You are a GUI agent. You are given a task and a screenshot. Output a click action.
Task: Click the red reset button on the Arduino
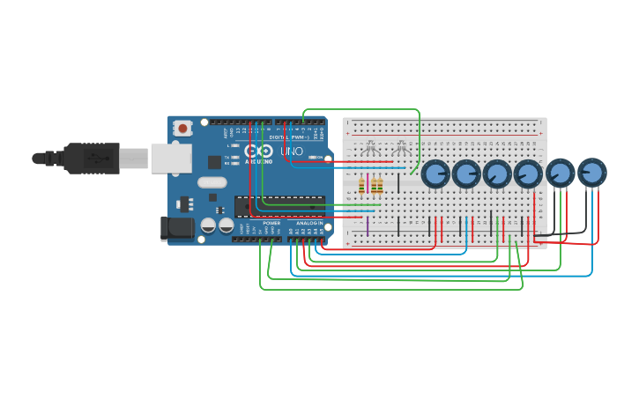click(x=182, y=128)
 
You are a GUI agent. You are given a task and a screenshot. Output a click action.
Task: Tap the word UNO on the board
click(x=292, y=151)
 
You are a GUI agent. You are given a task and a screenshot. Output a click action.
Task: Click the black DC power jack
click(x=176, y=228)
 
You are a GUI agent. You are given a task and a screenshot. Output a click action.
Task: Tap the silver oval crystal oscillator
click(x=212, y=182)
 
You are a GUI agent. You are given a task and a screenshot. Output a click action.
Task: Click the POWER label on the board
click(x=271, y=223)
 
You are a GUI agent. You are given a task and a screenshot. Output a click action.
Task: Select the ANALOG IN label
click(x=309, y=223)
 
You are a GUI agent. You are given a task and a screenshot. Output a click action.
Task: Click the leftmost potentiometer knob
click(x=435, y=174)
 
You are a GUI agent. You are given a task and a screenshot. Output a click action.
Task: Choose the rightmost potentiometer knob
click(x=592, y=173)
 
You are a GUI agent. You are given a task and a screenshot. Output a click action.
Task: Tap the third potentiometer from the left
click(x=497, y=174)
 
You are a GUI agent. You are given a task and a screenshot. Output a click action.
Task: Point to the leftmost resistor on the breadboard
click(x=361, y=185)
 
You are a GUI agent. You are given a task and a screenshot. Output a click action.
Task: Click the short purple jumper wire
click(x=368, y=225)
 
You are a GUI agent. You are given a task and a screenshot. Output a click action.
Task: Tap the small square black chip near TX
click(x=214, y=162)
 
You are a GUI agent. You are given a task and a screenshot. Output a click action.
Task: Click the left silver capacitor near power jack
click(x=209, y=225)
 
